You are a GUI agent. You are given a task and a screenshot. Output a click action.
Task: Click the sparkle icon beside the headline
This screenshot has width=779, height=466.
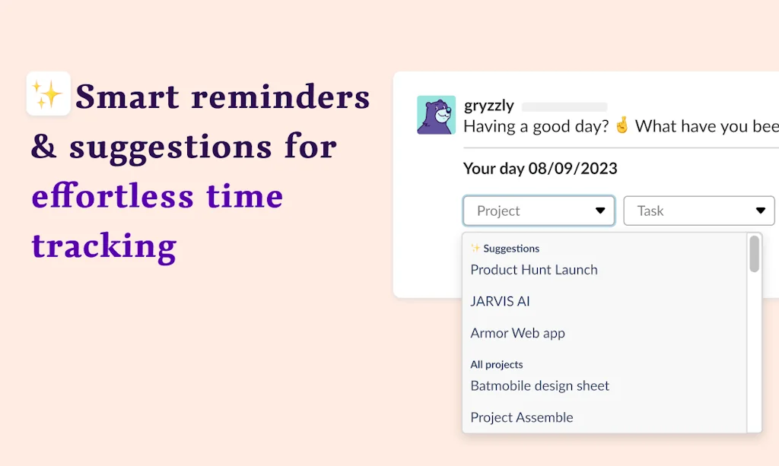(48, 94)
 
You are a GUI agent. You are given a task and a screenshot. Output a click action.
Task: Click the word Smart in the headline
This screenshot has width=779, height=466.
(127, 97)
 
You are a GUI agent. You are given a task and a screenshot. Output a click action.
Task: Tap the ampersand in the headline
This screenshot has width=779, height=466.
(44, 147)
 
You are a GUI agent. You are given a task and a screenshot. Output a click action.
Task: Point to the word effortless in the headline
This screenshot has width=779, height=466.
(113, 196)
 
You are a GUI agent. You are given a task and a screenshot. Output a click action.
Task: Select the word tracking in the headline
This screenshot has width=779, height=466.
(104, 246)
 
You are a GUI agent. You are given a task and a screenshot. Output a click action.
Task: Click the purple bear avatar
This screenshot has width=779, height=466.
(437, 115)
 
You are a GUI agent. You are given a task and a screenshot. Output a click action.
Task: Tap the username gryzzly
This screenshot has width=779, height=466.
(489, 106)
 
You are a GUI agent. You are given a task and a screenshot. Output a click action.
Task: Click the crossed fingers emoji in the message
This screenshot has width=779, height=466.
(622, 126)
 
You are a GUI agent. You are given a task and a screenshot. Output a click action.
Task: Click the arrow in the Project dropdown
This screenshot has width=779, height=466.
(600, 211)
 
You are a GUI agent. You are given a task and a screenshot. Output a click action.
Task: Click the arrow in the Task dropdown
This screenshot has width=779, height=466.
(760, 211)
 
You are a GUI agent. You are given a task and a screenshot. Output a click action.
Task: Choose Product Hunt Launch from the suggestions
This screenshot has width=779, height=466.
(534, 270)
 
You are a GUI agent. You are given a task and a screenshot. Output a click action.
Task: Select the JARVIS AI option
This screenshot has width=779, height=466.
(500, 301)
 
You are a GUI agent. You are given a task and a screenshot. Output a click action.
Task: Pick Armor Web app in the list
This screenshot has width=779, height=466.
(517, 333)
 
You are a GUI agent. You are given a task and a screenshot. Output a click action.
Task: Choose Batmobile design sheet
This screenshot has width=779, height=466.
(539, 385)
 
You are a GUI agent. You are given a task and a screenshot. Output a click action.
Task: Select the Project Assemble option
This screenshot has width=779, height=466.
(522, 417)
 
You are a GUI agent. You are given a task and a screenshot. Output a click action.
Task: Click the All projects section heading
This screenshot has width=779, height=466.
(496, 365)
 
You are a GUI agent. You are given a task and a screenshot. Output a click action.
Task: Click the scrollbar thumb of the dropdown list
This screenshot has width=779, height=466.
(754, 254)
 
